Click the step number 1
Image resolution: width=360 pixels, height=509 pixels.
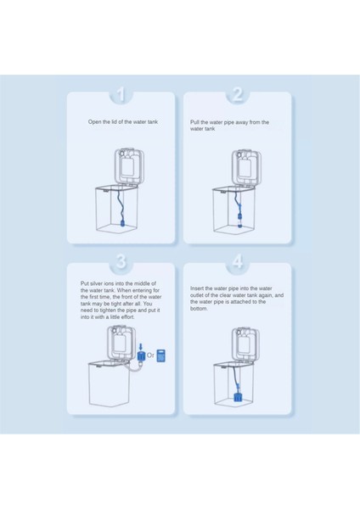point(121,94)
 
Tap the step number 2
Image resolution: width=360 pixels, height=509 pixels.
point(238,94)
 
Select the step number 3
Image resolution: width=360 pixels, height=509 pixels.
point(121,261)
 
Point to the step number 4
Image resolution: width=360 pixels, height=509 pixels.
point(238,261)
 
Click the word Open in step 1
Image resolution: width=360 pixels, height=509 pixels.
point(94,122)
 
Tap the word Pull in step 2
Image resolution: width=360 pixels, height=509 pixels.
point(194,122)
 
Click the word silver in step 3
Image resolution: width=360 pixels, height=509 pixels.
point(97,283)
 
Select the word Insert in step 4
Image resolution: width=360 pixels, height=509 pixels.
point(197,288)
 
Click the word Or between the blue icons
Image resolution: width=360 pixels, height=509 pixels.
point(150,355)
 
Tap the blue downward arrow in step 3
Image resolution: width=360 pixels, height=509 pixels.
point(141,346)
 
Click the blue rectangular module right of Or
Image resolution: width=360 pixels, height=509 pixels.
point(160,355)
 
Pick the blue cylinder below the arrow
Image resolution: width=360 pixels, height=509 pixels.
point(141,356)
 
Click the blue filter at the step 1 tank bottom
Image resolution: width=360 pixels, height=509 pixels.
point(123,223)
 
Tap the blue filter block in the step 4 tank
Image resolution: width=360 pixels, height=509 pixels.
point(239,397)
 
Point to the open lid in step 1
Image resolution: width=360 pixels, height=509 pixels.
point(129,166)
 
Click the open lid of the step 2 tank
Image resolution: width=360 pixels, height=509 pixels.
point(246,167)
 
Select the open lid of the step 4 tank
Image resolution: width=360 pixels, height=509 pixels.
point(245,344)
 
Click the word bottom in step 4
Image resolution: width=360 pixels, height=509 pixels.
point(199,309)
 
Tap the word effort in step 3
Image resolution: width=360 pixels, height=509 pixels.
point(127,317)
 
